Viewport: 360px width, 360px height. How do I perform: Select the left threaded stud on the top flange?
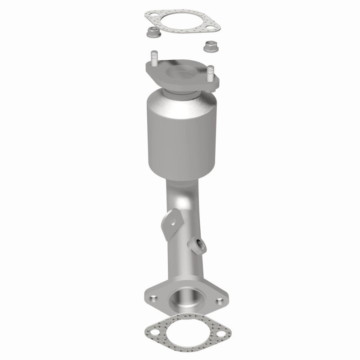tap(154, 59)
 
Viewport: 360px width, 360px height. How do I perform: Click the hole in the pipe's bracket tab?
tap(173, 220)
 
